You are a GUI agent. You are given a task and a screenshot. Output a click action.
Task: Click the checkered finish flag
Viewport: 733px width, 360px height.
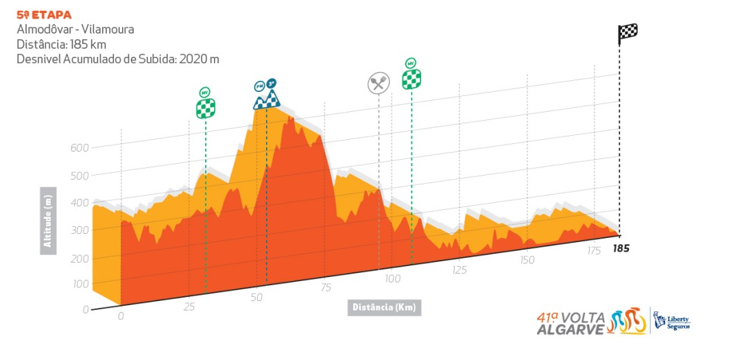628,32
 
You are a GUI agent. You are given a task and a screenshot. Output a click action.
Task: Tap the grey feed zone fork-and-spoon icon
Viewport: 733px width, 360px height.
378,83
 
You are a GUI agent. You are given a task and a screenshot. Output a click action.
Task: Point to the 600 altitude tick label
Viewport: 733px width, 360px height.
80,148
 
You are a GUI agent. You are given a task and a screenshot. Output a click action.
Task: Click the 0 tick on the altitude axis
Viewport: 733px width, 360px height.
86,309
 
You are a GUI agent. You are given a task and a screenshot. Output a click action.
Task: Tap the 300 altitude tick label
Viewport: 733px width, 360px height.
80,230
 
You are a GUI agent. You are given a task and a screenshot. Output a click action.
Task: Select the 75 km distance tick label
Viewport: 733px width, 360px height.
326,287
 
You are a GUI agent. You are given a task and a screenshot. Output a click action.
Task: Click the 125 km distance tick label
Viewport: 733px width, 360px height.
459,270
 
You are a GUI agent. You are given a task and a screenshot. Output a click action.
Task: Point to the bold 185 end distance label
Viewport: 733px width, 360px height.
621,248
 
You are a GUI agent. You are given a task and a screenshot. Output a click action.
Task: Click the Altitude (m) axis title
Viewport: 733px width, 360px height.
48,220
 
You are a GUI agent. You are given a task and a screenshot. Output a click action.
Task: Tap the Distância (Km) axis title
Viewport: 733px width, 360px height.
384,307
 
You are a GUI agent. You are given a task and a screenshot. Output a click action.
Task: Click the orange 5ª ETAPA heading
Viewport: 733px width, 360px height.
44,14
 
